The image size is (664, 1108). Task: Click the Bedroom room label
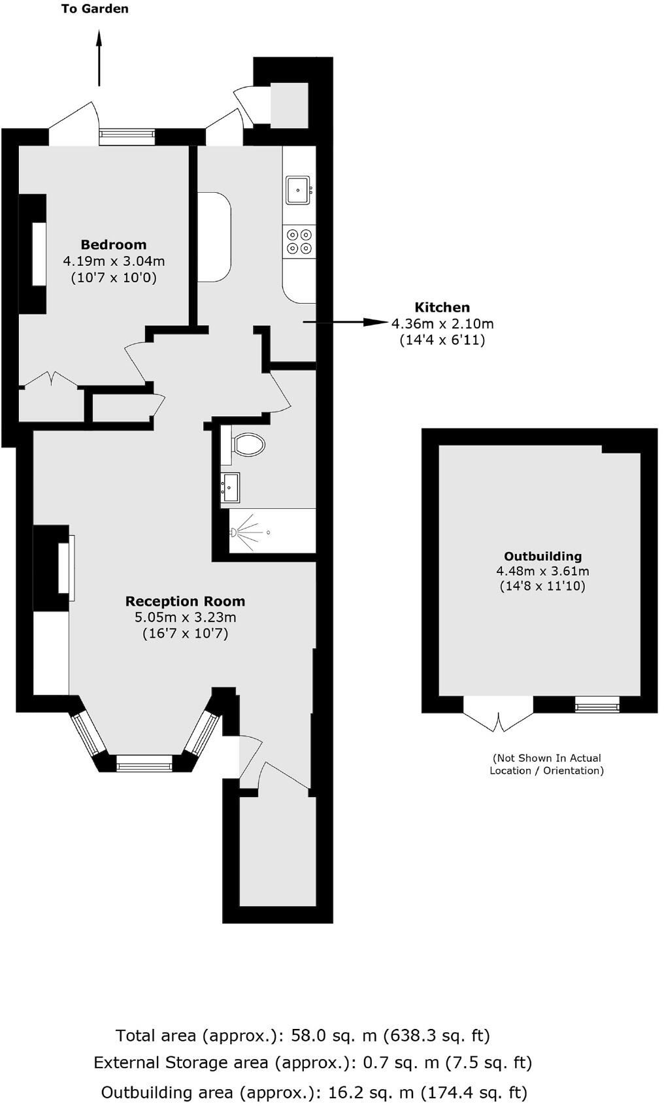coord(114,245)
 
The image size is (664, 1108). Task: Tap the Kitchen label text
coord(442,307)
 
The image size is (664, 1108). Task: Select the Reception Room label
coord(185,601)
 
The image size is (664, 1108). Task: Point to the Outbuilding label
coord(542,556)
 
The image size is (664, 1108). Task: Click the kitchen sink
coord(299,190)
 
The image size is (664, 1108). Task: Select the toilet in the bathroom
coord(248,444)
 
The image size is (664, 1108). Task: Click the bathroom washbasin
coord(230,487)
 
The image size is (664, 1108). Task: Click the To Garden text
coord(95,9)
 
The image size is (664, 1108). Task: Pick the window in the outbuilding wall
coord(597,704)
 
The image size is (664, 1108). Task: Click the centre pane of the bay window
coord(144,763)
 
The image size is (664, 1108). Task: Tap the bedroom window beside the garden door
coord(127,136)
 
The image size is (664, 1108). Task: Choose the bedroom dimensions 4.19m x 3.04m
coord(114,261)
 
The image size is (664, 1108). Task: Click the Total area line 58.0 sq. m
coord(303,1035)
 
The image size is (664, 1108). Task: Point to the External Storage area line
coord(312,1063)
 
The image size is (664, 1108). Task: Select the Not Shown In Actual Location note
coord(547,764)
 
